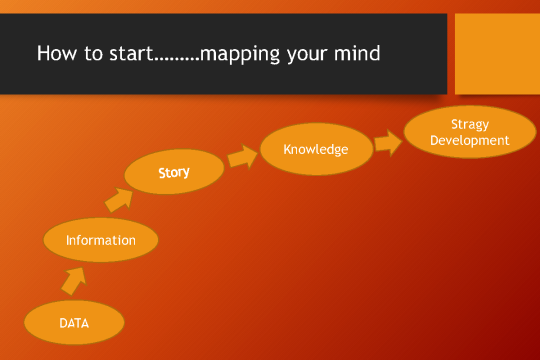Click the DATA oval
pyautogui.click(x=74, y=323)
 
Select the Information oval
pyautogui.click(x=101, y=240)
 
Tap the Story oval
pyautogui.click(x=174, y=172)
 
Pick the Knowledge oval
pyautogui.click(x=315, y=150)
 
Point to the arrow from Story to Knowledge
pyautogui.click(x=241, y=157)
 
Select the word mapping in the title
pyautogui.click(x=238, y=54)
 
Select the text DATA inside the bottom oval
pyautogui.click(x=74, y=323)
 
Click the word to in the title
pyautogui.click(x=91, y=53)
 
